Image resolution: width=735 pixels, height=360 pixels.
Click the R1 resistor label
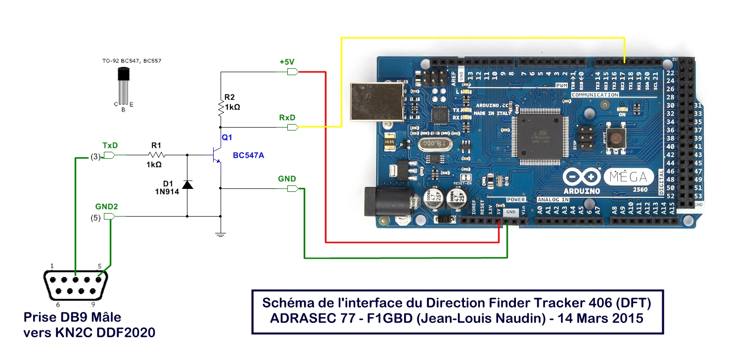(x=156, y=145)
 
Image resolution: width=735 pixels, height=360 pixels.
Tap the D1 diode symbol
(x=187, y=184)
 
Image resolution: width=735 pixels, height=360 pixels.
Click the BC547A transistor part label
(x=248, y=156)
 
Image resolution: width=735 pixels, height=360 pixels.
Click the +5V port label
(x=287, y=62)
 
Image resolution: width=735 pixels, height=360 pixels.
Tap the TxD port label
(x=110, y=146)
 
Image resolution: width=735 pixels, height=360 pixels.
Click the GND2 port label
(x=106, y=206)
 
